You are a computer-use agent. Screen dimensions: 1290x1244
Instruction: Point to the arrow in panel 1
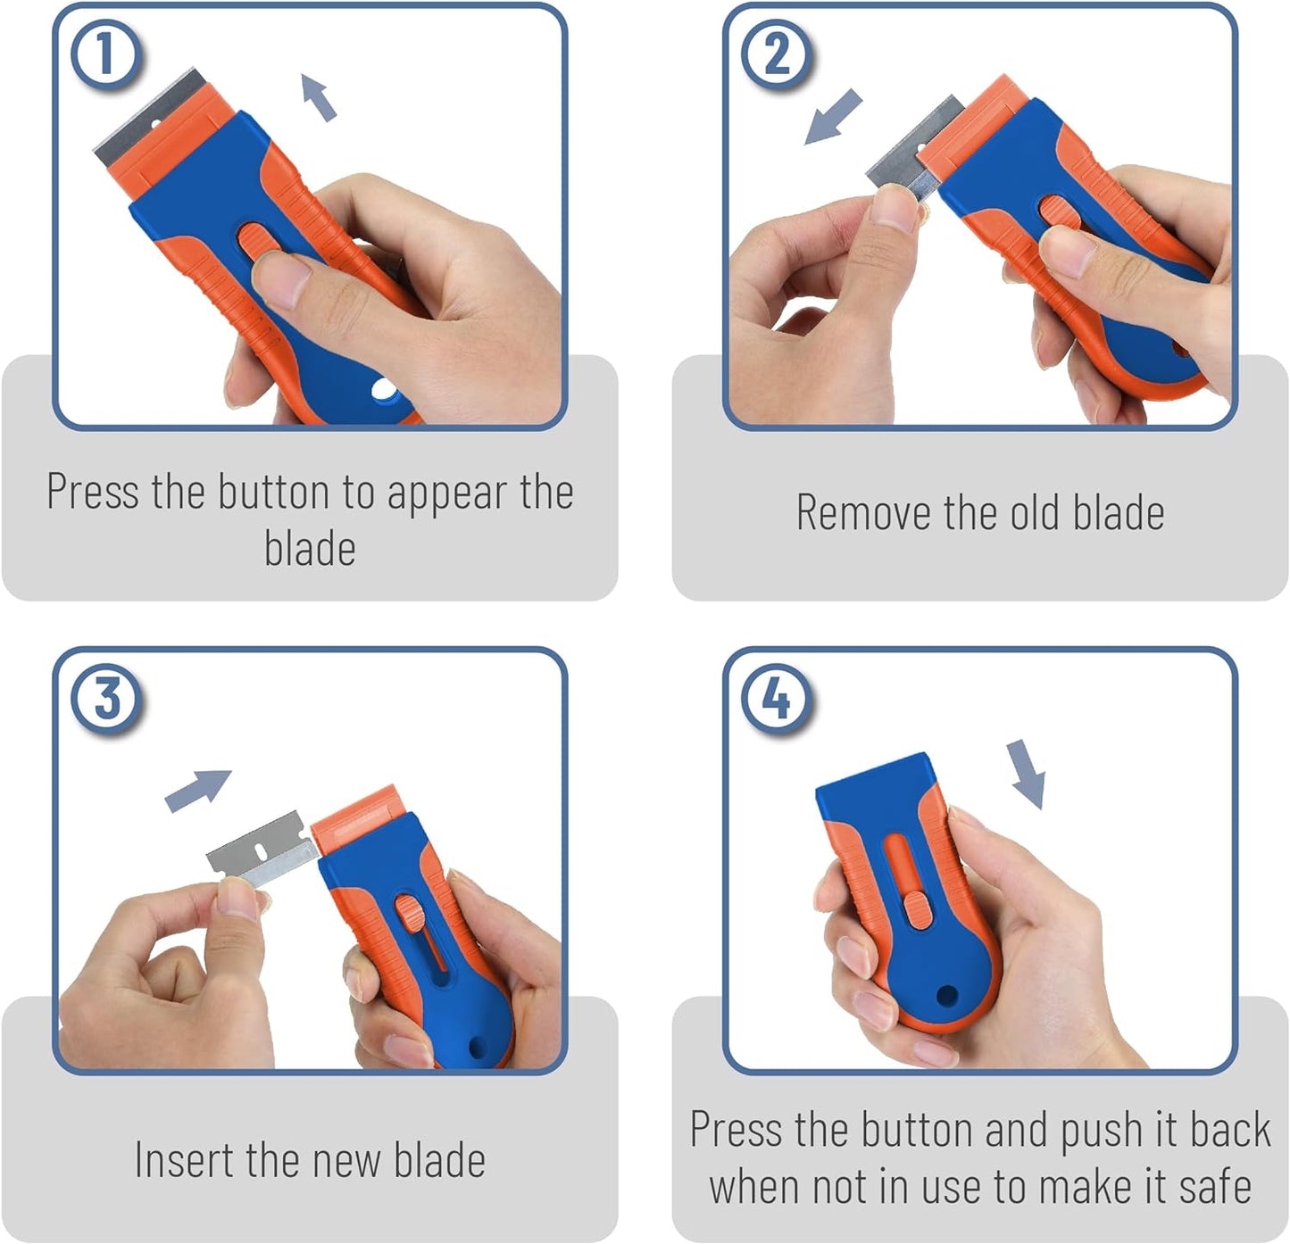coord(318,96)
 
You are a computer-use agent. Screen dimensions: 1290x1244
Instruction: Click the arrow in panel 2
coord(833,117)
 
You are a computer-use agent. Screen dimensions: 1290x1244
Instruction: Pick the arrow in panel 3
coord(197,790)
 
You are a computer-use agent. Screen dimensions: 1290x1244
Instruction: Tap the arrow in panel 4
coord(1027,774)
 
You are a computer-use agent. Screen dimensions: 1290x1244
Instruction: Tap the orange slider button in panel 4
coord(918,909)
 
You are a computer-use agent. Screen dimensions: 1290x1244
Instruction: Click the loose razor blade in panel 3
coord(262,849)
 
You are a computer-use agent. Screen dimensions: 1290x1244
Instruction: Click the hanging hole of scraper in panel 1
coord(384,389)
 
